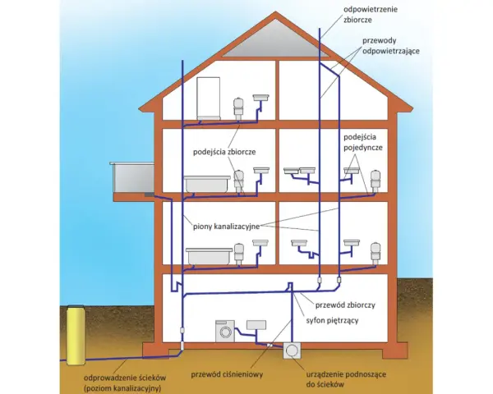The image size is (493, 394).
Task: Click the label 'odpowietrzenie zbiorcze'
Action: pyautogui.click(x=371, y=15)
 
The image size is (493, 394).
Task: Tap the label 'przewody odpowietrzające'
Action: pyautogui.click(x=391, y=46)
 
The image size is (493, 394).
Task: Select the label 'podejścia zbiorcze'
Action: pyautogui.click(x=224, y=152)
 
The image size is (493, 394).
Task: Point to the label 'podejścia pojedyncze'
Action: pyautogui.click(x=363, y=142)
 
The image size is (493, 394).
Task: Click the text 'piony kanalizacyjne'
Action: pyautogui.click(x=227, y=227)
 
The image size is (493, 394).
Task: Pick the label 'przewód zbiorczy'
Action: pyautogui.click(x=345, y=305)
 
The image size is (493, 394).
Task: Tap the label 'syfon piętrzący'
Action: pyautogui.click(x=332, y=321)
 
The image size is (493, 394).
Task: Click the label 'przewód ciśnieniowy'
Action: pyautogui.click(x=227, y=374)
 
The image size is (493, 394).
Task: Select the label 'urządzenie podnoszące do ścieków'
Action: pyautogui.click(x=346, y=379)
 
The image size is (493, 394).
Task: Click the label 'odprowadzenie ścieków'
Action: pyautogui.click(x=125, y=378)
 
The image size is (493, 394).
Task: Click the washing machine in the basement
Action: pyautogui.click(x=225, y=331)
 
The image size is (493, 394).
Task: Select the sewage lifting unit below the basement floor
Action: pyautogui.click(x=292, y=350)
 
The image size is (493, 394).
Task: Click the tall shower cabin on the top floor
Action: pyautogui.click(x=209, y=98)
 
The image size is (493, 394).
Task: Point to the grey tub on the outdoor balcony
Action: pyautogui.click(x=132, y=177)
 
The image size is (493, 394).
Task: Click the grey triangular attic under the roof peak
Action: pyautogui.click(x=276, y=39)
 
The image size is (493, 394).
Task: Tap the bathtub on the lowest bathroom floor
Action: pyautogui.click(x=210, y=256)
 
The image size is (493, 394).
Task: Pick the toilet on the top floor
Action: pyautogui.click(x=238, y=108)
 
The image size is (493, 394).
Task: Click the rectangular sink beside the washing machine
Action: pyautogui.click(x=256, y=325)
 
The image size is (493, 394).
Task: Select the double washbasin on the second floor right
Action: pyautogui.click(x=299, y=171)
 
